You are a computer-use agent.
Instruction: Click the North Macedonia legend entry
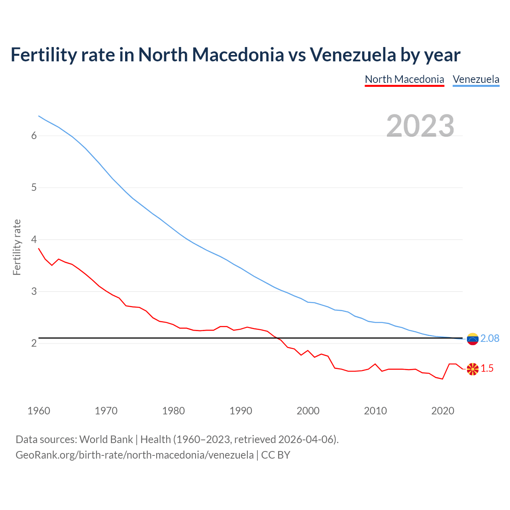pyautogui.click(x=404, y=79)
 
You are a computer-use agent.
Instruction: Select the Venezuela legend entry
pyautogui.click(x=476, y=79)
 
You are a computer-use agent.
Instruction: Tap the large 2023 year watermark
pyautogui.click(x=420, y=126)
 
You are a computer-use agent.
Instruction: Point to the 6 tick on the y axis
pyautogui.click(x=34, y=136)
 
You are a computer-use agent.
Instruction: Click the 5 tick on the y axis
pyautogui.click(x=34, y=188)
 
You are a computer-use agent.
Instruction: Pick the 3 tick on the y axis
pyautogui.click(x=34, y=292)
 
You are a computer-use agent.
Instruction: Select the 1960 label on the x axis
pyautogui.click(x=39, y=411)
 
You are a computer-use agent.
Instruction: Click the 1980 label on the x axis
pyautogui.click(x=173, y=411)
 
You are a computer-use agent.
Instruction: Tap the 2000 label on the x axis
pyautogui.click(x=308, y=411)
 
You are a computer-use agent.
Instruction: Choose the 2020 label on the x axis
pyautogui.click(x=443, y=411)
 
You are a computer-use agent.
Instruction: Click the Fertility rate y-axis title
pyautogui.click(x=17, y=247)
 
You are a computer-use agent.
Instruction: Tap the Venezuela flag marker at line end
pyautogui.click(x=473, y=339)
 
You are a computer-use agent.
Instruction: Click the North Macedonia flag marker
pyautogui.click(x=473, y=369)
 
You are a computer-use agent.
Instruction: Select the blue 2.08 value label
pyautogui.click(x=490, y=339)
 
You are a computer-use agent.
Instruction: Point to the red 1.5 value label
pyautogui.click(x=487, y=369)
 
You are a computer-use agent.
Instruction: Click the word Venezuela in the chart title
pyautogui.click(x=353, y=55)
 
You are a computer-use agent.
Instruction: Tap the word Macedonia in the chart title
pyautogui.click(x=238, y=55)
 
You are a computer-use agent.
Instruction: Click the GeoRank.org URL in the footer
pyautogui.click(x=135, y=455)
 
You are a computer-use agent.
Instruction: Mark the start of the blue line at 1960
pyautogui.click(x=39, y=116)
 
